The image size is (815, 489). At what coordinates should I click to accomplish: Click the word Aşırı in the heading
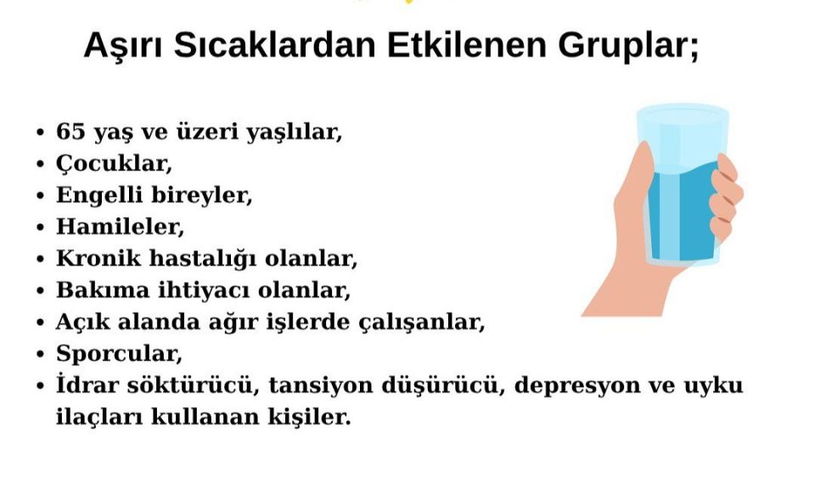tap(123, 46)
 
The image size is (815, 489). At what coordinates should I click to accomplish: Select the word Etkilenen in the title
tap(467, 45)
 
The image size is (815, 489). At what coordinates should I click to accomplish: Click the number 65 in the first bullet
tap(70, 132)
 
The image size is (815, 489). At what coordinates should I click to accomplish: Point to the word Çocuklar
tap(114, 164)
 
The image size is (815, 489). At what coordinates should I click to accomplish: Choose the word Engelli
tap(99, 196)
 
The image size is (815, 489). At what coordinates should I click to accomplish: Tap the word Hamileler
tap(120, 227)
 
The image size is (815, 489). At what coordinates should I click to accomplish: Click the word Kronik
tap(98, 258)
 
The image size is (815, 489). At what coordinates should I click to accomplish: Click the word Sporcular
tap(119, 354)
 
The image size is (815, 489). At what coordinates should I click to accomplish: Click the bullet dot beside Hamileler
tap(41, 228)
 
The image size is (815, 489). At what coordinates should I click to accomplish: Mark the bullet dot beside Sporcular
tap(41, 354)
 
